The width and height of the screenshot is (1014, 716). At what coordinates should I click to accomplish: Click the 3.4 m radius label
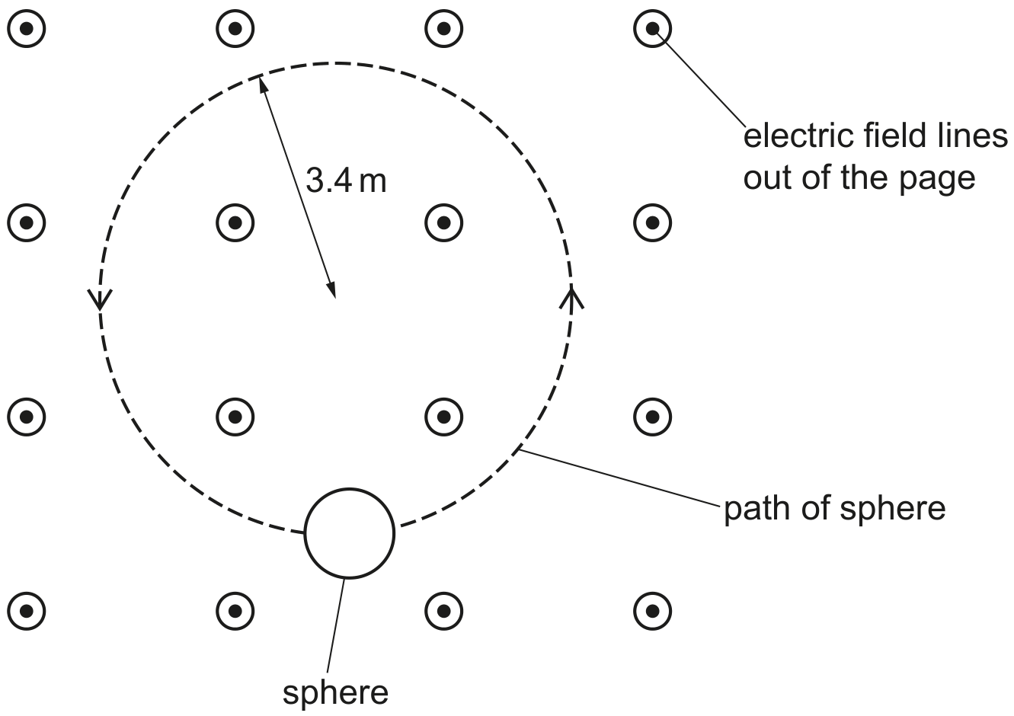(347, 181)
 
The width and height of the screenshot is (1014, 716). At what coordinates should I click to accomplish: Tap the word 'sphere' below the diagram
(335, 693)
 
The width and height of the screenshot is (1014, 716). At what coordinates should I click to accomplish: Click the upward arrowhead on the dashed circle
(571, 299)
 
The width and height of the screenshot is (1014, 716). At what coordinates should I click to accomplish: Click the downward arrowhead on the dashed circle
(100, 299)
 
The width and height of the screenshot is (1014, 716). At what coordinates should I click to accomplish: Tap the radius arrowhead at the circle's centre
(332, 289)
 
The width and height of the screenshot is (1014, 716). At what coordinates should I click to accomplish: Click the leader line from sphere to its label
(335, 626)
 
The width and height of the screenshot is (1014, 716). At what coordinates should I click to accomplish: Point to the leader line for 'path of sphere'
(619, 477)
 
